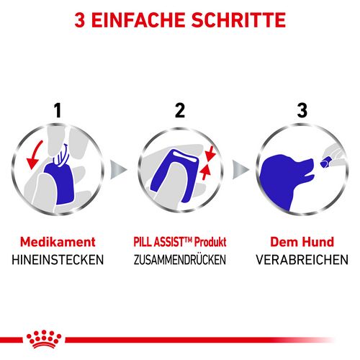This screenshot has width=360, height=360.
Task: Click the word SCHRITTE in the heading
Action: point(238,20)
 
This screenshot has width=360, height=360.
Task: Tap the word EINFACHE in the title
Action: point(138,20)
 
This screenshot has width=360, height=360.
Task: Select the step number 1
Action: point(58,111)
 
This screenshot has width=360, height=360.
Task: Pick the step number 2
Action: point(180,111)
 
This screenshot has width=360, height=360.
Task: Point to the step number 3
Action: point(302,111)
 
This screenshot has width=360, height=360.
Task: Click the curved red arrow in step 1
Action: point(34,154)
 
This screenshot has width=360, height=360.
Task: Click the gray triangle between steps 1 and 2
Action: point(118,170)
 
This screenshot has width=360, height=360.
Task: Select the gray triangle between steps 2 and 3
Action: point(240,170)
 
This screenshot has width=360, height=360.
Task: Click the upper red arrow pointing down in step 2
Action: point(210,154)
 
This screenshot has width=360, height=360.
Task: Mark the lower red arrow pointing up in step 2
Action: point(205,173)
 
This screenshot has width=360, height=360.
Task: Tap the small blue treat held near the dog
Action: point(325,163)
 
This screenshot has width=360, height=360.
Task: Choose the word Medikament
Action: point(58,242)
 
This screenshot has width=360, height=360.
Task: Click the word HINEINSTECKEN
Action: point(58,260)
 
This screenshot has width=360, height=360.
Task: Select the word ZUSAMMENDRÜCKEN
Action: point(180,260)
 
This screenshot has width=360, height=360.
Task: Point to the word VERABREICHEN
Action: point(302,260)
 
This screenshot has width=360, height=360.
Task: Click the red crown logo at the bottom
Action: point(44,339)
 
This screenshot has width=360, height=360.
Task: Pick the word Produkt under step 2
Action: point(210,242)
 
